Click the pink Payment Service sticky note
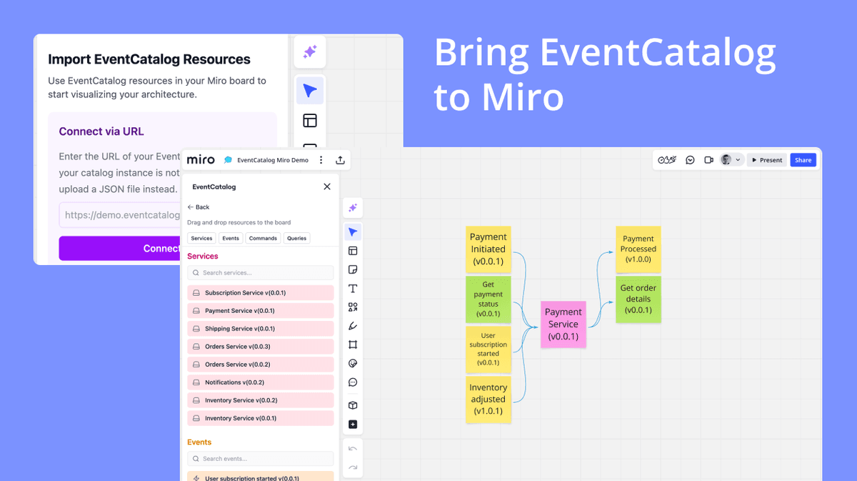pos(563,324)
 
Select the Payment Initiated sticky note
pos(488,249)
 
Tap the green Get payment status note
pos(488,299)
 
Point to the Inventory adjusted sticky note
pos(488,399)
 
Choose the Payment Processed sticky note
pos(638,249)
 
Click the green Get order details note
pos(638,299)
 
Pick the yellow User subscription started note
pos(488,349)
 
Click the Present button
pos(766,160)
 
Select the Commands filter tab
pos(263,238)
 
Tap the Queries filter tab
pos(296,238)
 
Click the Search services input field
pos(260,273)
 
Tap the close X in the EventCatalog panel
pos(327,187)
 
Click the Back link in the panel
pos(199,207)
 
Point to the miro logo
pos(201,160)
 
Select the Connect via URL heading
pos(101,132)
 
